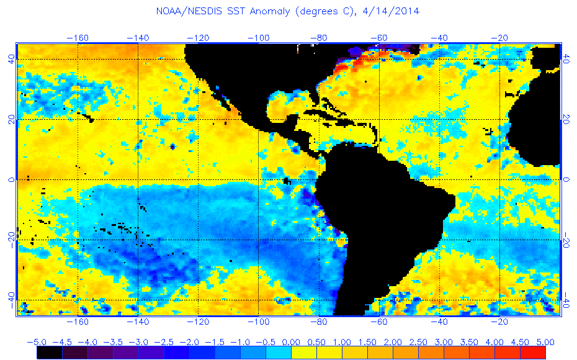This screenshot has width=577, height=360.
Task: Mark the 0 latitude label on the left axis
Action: coord(11,179)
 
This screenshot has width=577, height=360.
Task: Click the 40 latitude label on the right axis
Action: coord(566,59)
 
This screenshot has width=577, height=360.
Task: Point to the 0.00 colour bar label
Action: coord(291,342)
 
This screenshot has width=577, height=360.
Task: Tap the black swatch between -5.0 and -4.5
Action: coord(49,352)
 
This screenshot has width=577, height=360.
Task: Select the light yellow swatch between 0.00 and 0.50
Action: coord(303,352)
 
